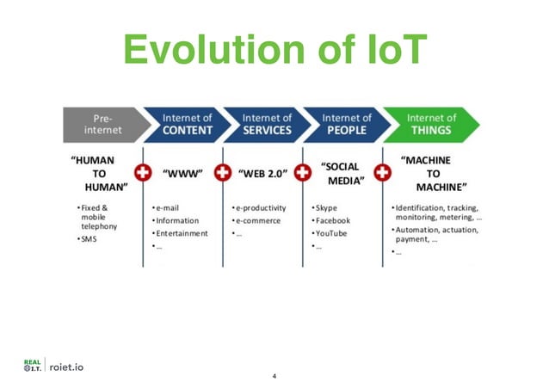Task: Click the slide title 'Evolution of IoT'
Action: [274, 49]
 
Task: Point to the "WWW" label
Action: [182, 173]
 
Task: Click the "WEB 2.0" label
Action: [263, 173]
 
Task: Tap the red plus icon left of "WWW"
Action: [143, 173]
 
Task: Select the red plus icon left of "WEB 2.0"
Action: [223, 173]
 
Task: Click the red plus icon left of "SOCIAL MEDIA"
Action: [302, 173]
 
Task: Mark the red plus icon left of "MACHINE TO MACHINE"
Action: [379, 173]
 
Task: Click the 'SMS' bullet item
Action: [89, 238]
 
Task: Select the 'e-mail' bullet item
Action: [169, 208]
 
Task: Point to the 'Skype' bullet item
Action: [327, 208]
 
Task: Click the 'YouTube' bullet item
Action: [331, 233]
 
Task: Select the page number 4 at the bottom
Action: [274, 377]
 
